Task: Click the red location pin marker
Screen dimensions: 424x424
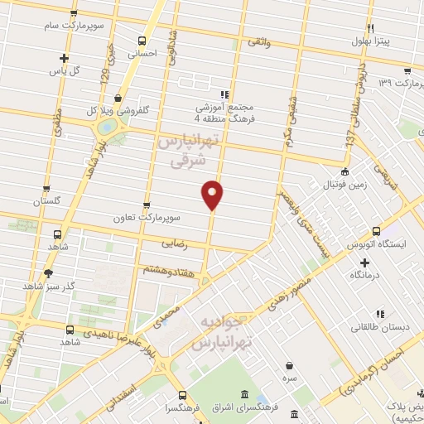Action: click(x=213, y=194)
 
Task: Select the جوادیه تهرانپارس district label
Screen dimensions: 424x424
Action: click(x=222, y=331)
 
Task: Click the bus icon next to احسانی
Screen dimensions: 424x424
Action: click(x=142, y=41)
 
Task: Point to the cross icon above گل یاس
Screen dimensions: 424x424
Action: click(x=65, y=58)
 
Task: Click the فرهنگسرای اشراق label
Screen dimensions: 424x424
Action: click(x=248, y=407)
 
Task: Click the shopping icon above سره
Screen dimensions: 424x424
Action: click(x=288, y=365)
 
